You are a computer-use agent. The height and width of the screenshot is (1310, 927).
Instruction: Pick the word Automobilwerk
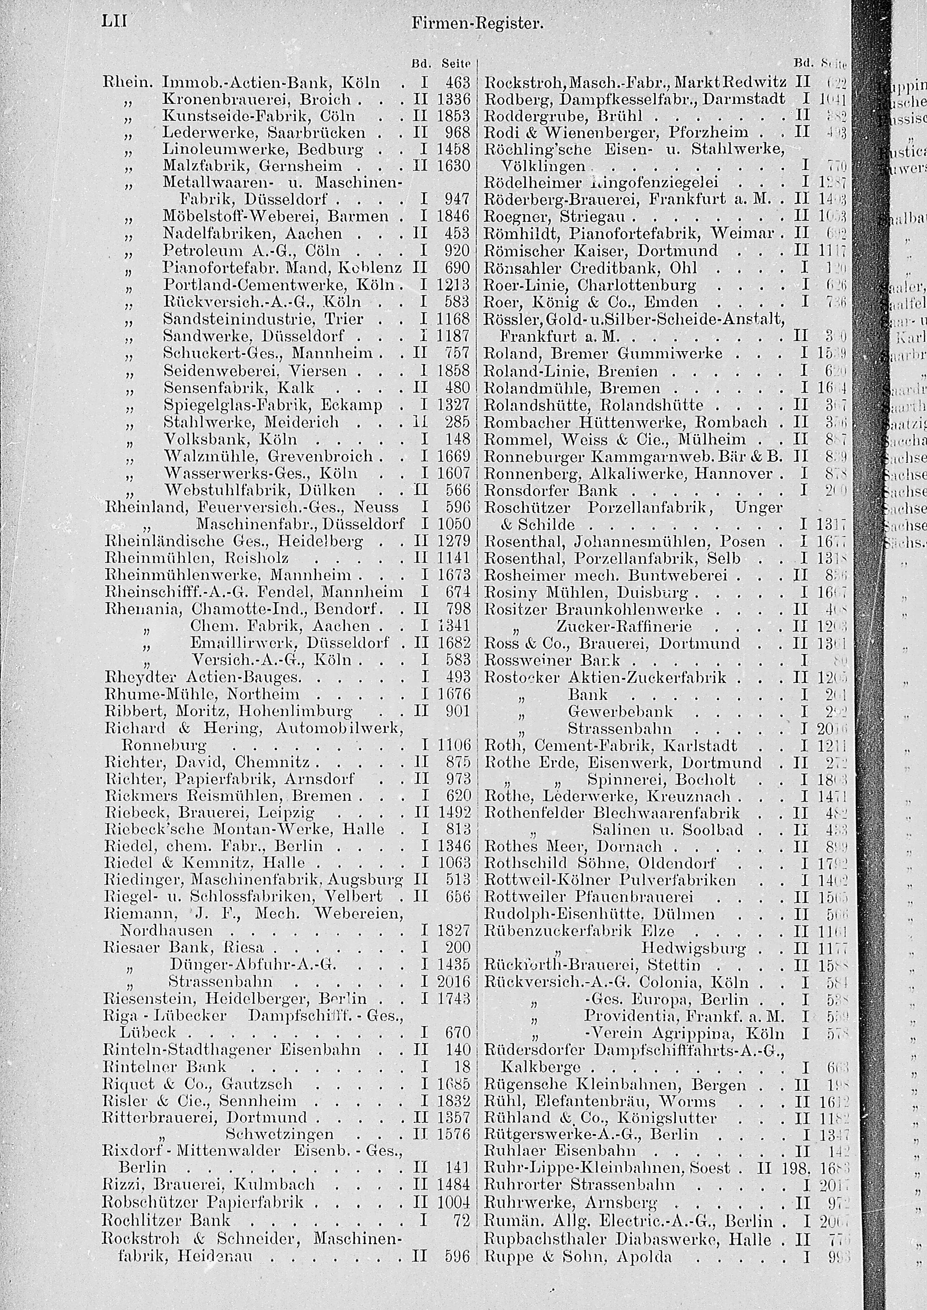(340, 728)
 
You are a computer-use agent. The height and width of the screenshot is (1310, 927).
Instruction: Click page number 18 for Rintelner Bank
(463, 1066)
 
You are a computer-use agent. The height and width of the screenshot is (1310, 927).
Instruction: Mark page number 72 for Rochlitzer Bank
(463, 1220)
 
